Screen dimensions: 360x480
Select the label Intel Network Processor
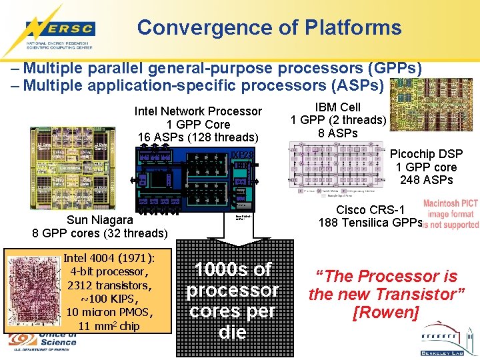(x=198, y=111)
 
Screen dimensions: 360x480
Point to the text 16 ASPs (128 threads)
(x=198, y=137)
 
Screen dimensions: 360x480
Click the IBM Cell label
(x=338, y=107)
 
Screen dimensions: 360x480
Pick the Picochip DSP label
(x=426, y=154)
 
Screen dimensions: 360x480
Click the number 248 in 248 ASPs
(x=411, y=179)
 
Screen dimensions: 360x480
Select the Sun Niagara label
(x=99, y=220)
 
